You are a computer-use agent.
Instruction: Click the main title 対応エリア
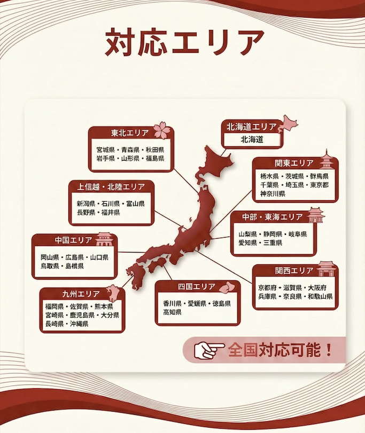pos(184,42)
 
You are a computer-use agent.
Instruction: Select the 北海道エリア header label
pos(251,127)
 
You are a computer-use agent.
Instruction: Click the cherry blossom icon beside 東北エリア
pos(162,130)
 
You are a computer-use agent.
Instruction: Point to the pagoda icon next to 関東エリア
pos(326,160)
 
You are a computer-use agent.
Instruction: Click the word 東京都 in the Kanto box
pos(318,185)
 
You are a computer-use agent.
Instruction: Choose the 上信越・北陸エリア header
pos(111,187)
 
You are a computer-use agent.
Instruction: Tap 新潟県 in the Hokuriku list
pos(86,204)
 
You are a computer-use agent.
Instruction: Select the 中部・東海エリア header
pos(272,217)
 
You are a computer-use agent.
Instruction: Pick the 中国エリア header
pos(73,240)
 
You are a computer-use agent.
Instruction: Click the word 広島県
pos(74,257)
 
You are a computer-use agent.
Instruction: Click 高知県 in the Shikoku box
pos(173,312)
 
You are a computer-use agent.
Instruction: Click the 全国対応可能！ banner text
pos(280,350)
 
